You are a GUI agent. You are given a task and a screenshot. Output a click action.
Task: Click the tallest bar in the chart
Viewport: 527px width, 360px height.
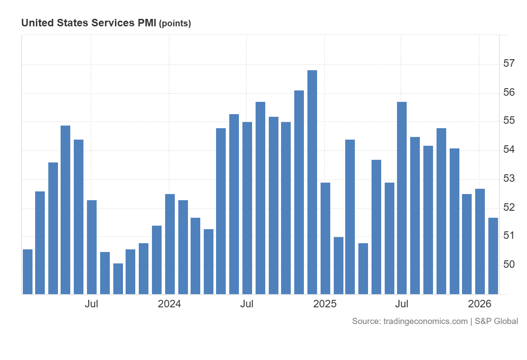(x=312, y=182)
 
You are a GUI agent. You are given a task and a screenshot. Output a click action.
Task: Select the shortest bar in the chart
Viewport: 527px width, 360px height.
(x=118, y=279)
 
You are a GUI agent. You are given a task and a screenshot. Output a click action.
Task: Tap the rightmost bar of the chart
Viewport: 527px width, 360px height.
(x=493, y=256)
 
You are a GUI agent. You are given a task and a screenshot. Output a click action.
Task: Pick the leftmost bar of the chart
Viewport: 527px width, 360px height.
(x=28, y=272)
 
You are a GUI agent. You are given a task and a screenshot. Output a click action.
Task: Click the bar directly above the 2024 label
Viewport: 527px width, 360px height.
(x=170, y=244)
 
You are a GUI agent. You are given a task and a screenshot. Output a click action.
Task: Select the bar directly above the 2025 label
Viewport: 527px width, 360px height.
(x=325, y=238)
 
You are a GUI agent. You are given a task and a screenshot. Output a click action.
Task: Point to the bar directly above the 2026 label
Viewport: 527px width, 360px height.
(x=480, y=241)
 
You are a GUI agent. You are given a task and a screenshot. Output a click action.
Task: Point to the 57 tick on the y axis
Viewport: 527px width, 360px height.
(x=509, y=64)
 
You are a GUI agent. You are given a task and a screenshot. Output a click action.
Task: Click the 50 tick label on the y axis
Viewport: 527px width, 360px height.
(x=509, y=265)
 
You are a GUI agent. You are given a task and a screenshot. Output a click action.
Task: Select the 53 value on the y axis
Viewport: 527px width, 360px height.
(x=509, y=179)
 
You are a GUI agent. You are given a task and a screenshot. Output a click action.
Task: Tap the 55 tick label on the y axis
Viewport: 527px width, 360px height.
(x=509, y=121)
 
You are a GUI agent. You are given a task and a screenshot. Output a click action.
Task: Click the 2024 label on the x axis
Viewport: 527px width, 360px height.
(x=170, y=304)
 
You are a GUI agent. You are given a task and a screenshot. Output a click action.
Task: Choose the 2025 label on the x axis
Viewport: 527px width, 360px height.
(x=325, y=304)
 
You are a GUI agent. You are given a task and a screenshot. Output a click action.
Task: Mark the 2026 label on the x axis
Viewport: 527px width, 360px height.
(x=480, y=304)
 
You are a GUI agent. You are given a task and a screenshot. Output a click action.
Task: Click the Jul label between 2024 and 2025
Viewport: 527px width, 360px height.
(x=247, y=304)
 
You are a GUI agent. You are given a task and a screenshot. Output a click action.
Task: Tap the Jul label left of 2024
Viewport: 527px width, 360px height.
(x=91, y=304)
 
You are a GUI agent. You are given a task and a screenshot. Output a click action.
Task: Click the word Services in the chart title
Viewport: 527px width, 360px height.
(x=110, y=23)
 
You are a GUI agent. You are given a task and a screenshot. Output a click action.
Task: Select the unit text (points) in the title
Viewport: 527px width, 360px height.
(x=175, y=24)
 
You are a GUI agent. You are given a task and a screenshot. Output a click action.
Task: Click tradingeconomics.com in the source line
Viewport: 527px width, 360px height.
(x=426, y=321)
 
